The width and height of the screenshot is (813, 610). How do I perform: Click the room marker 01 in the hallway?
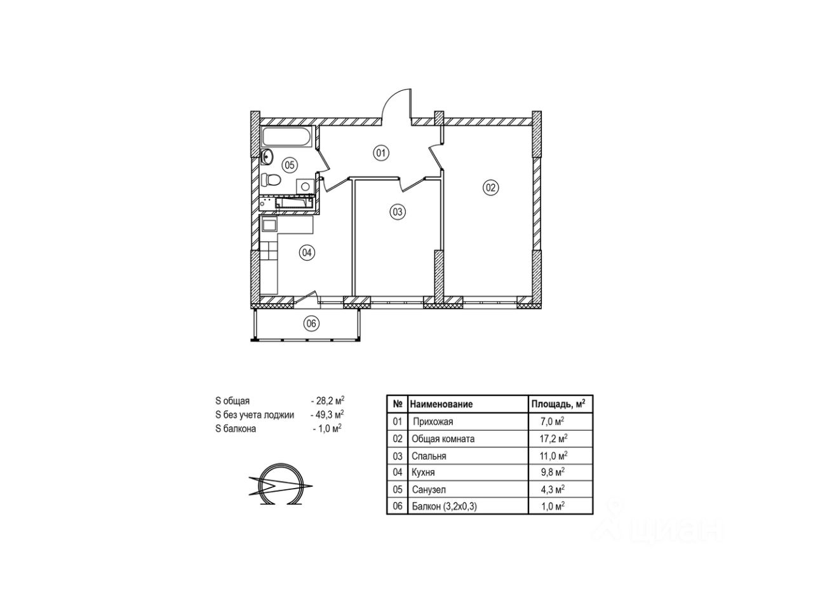point(380,153)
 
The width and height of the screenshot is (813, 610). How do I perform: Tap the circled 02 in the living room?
point(490,188)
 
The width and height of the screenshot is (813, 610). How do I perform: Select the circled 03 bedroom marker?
point(397,212)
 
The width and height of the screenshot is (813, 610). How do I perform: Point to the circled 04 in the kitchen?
point(307,253)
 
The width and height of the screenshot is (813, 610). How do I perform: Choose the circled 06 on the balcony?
point(311,323)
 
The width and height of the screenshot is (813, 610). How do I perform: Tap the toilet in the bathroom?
point(270,180)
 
